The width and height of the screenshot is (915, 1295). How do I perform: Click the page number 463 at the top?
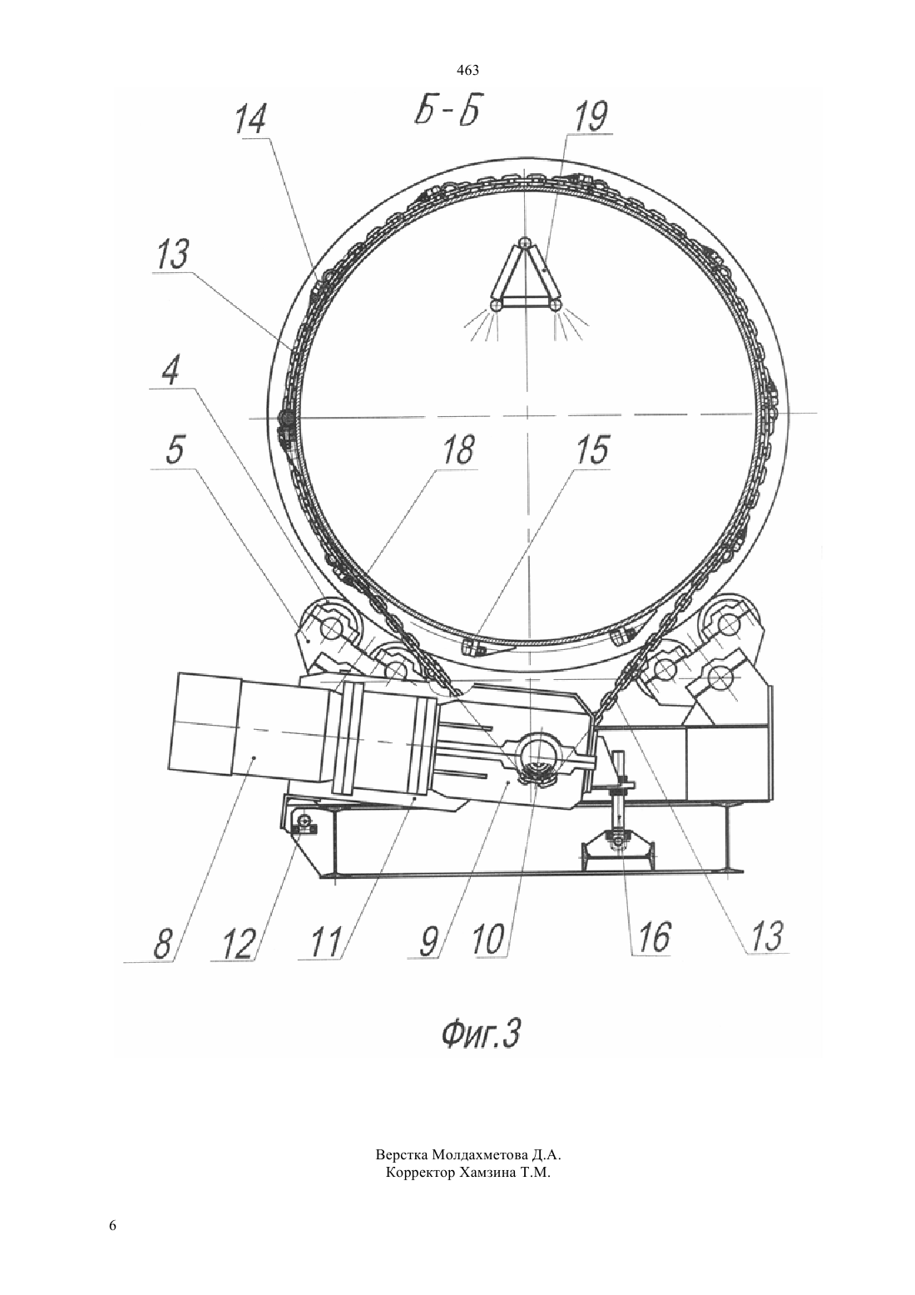[x=467, y=71]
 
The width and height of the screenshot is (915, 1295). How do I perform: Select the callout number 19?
[x=589, y=117]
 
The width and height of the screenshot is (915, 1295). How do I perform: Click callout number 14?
[x=250, y=119]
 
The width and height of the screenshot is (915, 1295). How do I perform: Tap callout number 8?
[x=164, y=945]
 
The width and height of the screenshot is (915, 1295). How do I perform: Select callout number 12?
[x=239, y=945]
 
